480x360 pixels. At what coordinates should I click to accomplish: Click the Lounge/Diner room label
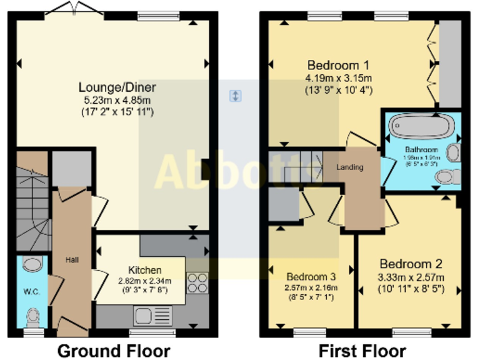117,87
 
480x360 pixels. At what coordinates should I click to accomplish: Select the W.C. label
31,291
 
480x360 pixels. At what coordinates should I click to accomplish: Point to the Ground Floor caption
114,350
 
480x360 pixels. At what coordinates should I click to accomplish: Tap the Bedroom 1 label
338,65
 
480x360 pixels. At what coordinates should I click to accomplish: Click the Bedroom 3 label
311,276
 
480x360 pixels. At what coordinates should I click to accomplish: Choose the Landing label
350,167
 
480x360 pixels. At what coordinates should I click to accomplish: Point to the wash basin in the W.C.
31,264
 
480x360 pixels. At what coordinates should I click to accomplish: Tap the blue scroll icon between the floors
235,96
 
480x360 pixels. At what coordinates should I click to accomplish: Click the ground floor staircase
31,206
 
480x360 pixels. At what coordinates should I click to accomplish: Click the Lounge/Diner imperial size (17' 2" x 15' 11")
117,112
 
